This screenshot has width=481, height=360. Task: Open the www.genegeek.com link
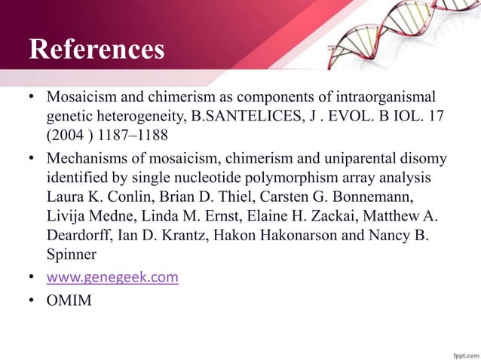pyautogui.click(x=112, y=278)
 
